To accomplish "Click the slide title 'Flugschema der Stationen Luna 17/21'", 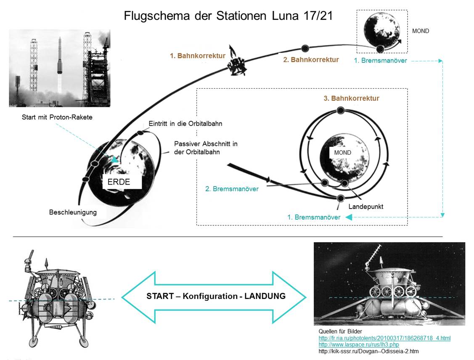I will (x=228, y=16).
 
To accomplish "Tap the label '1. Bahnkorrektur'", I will (x=198, y=56).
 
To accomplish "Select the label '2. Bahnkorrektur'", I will (x=311, y=60).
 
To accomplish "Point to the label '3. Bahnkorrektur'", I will (x=351, y=98).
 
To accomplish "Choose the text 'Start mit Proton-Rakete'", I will (x=57, y=117).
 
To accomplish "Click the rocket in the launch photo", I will (x=60, y=59).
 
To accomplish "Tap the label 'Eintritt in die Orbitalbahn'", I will (x=185, y=124).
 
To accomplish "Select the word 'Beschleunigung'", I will (x=73, y=212).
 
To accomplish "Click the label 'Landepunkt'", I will (x=365, y=207).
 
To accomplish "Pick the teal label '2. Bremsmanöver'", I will (x=232, y=189).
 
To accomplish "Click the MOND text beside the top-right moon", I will (x=421, y=31).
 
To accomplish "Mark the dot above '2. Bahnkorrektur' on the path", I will (x=305, y=48).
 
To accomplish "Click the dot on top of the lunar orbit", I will (x=341, y=111).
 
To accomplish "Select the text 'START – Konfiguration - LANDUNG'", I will (x=216, y=296).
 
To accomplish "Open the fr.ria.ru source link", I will (x=384, y=338).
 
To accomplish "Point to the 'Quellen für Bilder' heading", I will (x=340, y=332).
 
